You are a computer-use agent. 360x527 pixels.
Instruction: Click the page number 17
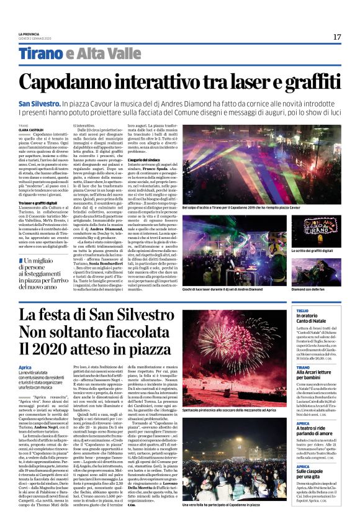[x=336, y=37]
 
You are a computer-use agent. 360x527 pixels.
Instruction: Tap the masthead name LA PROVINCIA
[x=29, y=34]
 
